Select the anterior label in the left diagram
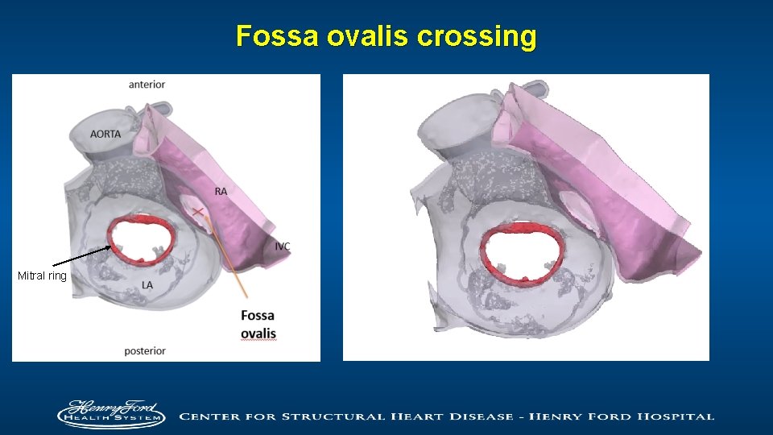[x=147, y=85]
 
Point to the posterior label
[x=145, y=350]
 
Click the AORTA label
[x=105, y=134]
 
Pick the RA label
[x=221, y=191]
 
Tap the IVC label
[x=282, y=246]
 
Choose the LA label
[x=147, y=285]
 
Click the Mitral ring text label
[x=42, y=276]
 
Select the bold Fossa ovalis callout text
[x=258, y=325]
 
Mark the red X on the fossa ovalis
[x=196, y=212]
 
